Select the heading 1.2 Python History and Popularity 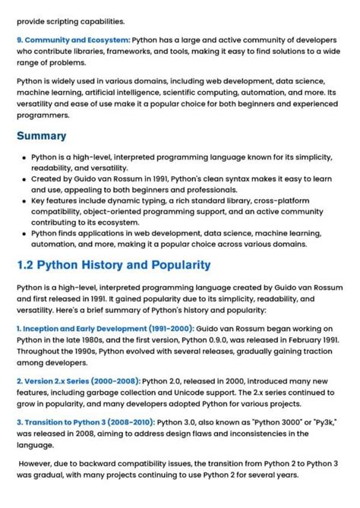tap(113, 266)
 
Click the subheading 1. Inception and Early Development tap(105, 328)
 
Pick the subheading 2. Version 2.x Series tap(78, 380)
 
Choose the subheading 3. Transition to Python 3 tap(85, 421)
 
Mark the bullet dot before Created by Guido tap(24, 179)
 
